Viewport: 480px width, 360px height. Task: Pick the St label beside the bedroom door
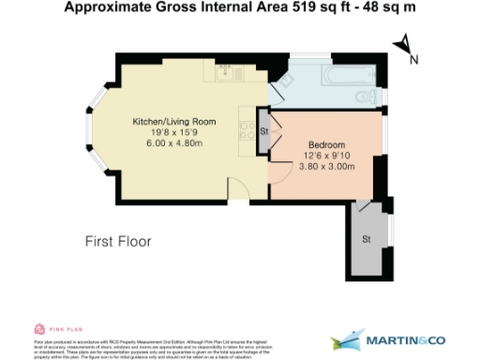coord(264,131)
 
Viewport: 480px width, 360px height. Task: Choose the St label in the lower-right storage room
coord(366,240)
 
